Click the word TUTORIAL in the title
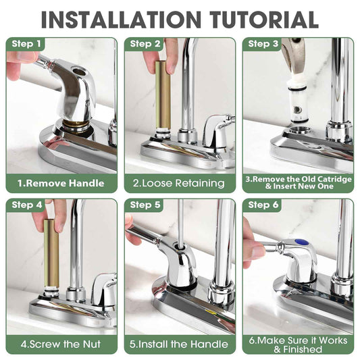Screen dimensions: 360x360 (264, 20)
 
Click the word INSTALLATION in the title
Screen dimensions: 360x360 (121, 20)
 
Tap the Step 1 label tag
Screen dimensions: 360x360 (26, 44)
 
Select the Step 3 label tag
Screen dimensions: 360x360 (263, 44)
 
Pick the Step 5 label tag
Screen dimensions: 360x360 (145, 205)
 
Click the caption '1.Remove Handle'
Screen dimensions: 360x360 (61, 183)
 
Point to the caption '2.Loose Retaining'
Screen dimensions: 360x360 (178, 183)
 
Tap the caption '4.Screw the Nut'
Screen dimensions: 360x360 (61, 344)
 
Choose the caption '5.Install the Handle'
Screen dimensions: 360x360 (178, 344)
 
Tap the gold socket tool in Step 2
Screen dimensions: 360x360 (163, 95)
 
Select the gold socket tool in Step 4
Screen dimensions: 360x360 (51, 253)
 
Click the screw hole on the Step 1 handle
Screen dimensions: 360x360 (80, 72)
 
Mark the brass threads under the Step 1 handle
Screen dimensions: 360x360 (76, 126)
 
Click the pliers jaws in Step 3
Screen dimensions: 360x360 (294, 57)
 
